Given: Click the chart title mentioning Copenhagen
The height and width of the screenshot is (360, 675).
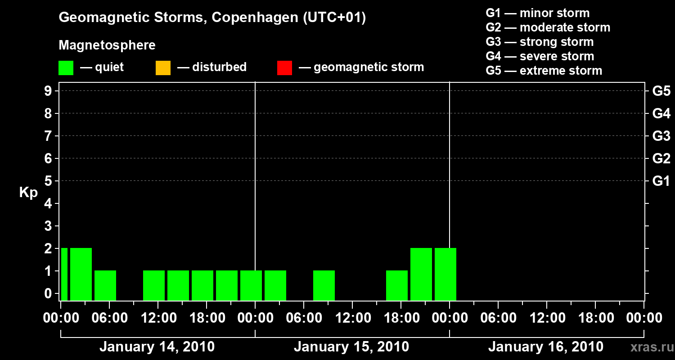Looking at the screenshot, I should click(212, 18).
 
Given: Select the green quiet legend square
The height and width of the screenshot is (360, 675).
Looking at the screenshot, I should click(66, 68).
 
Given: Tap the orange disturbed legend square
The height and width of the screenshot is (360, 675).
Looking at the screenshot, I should click(163, 68).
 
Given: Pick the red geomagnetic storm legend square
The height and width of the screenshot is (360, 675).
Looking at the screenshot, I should click(284, 68).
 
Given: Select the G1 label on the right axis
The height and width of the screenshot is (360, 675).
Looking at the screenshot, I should click(661, 181).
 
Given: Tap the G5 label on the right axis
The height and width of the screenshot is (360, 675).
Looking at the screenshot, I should click(661, 91).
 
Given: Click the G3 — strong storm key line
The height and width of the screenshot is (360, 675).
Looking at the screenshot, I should click(540, 42).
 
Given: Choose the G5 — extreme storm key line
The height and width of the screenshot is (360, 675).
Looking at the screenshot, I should click(544, 71).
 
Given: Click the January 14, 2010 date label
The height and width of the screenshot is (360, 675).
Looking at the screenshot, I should click(157, 347).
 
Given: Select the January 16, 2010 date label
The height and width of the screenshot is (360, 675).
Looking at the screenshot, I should click(546, 347).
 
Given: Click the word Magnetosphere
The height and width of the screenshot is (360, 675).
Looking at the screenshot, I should click(107, 45).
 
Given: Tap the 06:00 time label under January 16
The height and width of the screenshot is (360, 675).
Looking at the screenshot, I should click(498, 318).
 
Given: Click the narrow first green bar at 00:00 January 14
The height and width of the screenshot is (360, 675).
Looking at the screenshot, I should click(64, 274).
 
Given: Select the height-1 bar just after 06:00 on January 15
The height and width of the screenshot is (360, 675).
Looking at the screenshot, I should click(324, 285).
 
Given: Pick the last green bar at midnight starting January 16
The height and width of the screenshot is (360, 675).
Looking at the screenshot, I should click(445, 274).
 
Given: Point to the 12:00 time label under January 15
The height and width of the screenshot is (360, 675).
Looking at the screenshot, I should click(352, 318).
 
